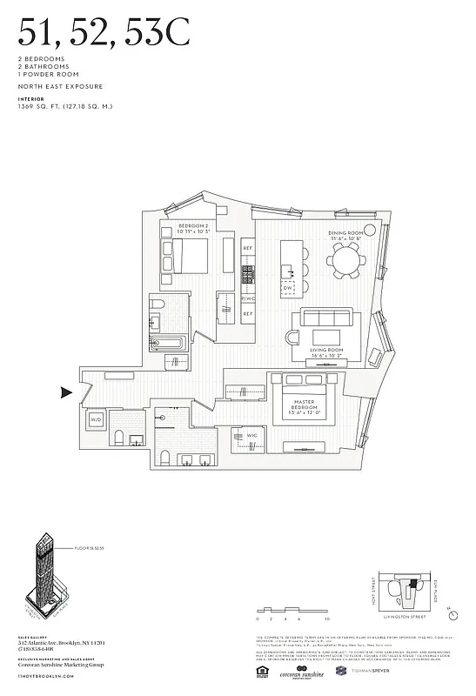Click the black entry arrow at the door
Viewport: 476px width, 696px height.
click(65, 393)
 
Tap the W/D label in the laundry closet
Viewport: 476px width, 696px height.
click(96, 419)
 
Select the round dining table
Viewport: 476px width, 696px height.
click(346, 258)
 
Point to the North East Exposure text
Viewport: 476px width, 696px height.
click(60, 87)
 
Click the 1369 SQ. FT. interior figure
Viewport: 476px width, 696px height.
click(65, 106)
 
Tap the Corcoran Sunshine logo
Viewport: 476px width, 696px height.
click(303, 673)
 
